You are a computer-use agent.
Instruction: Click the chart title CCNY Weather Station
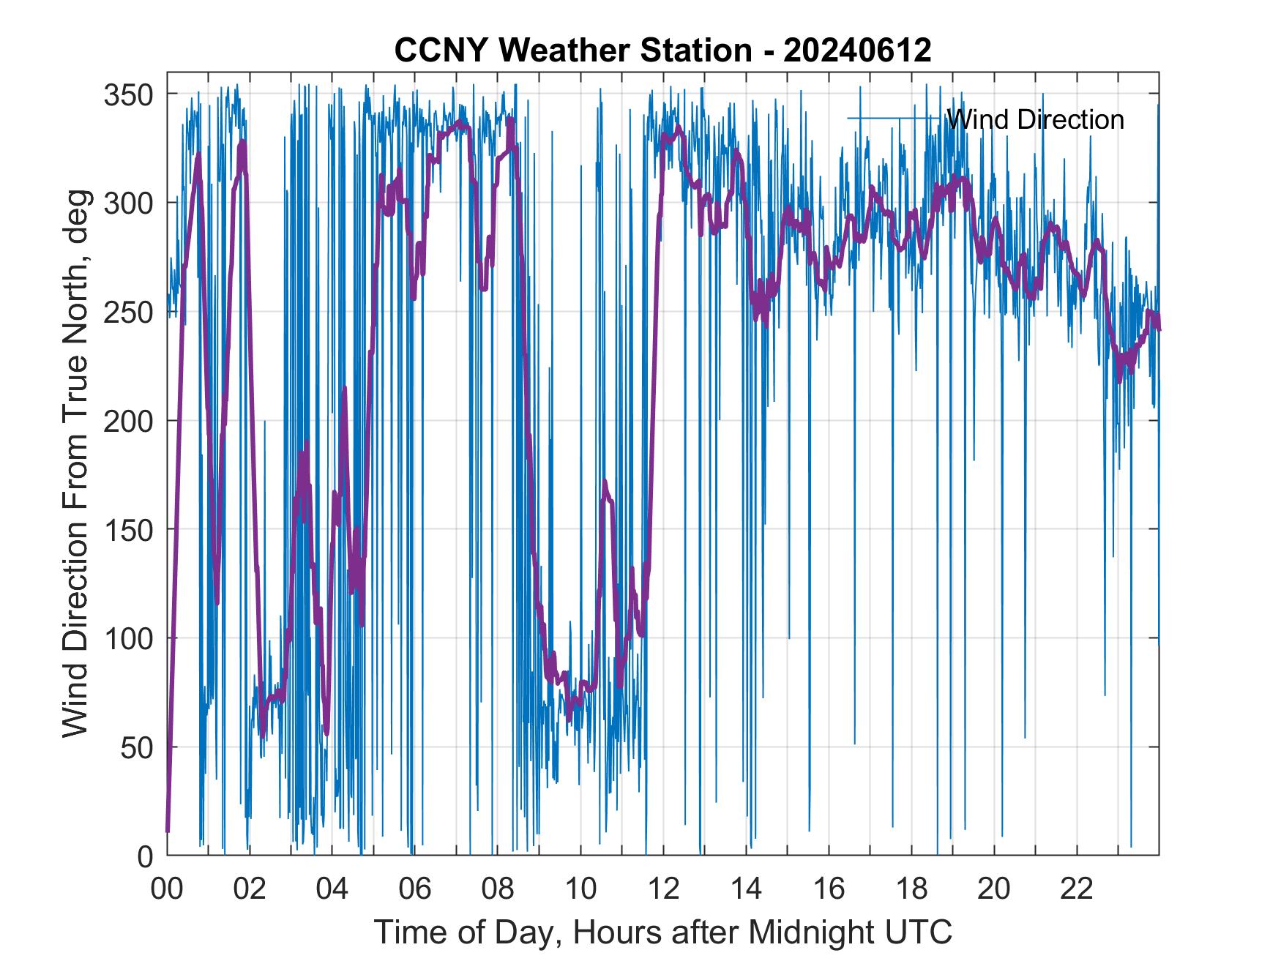572,51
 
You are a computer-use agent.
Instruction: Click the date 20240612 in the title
857,51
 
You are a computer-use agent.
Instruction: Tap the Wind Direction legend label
1035,119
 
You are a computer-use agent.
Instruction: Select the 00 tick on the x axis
167,889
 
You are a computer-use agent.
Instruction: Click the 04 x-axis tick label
332,889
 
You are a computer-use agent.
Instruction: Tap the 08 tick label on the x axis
498,889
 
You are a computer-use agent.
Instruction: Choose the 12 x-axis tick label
663,889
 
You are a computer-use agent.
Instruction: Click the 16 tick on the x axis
829,889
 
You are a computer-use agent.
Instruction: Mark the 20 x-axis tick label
994,889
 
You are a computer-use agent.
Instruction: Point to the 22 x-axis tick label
1077,889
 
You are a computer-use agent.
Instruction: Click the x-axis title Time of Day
663,932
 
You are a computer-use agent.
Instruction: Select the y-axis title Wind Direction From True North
75,463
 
